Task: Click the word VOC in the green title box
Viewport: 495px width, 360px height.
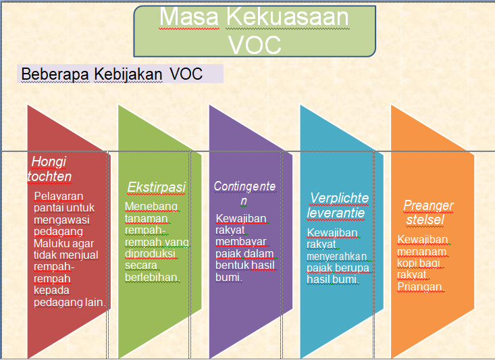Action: (255, 45)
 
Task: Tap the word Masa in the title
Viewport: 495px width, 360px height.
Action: (189, 16)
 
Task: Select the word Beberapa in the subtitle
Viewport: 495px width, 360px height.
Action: (55, 74)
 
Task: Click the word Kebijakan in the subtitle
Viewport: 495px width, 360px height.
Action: (128, 74)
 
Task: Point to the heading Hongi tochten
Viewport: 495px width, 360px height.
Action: (49, 169)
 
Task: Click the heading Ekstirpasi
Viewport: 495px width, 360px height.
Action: (156, 187)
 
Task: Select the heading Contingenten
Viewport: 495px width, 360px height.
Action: (244, 193)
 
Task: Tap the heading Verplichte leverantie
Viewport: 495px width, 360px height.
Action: (338, 205)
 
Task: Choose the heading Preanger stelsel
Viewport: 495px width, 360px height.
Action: (427, 213)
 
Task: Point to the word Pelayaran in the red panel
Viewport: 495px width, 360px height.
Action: (58, 197)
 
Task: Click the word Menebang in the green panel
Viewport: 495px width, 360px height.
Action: (151, 206)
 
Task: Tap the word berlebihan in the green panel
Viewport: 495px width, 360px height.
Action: (151, 278)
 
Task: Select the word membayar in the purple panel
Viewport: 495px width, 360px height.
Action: (241, 242)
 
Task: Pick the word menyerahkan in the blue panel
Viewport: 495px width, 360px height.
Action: (336, 257)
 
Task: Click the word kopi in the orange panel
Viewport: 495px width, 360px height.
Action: (407, 263)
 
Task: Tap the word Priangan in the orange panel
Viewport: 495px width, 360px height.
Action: (419, 287)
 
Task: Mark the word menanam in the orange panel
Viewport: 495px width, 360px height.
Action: (422, 252)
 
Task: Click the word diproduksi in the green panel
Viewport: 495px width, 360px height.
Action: (150, 254)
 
